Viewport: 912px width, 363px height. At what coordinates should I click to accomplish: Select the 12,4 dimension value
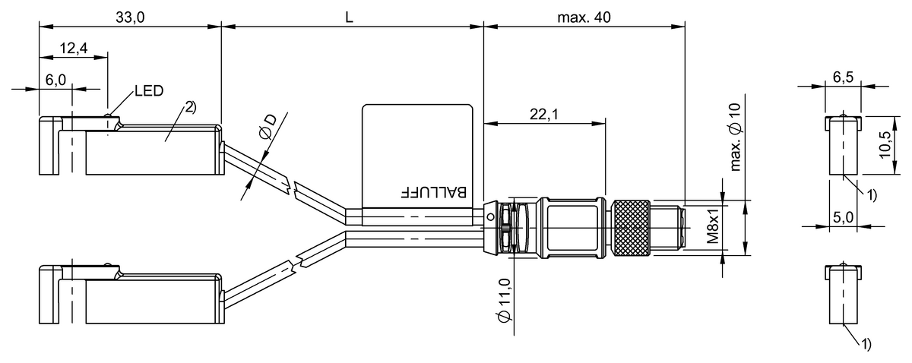click(x=73, y=49)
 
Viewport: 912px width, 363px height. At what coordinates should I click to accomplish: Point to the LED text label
click(x=149, y=91)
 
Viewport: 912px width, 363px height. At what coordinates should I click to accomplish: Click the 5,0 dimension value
click(x=842, y=218)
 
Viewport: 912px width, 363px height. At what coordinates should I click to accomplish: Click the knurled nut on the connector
click(x=632, y=226)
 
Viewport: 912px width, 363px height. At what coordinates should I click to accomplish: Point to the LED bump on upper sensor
click(x=112, y=118)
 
